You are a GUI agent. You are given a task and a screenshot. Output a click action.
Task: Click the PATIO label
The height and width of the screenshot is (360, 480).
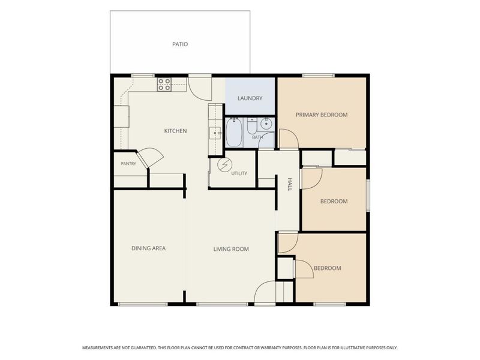point(180,44)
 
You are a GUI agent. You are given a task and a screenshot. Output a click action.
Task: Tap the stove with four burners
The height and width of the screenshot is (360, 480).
point(164,85)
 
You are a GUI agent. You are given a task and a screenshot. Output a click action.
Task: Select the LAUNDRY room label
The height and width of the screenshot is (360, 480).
point(250,98)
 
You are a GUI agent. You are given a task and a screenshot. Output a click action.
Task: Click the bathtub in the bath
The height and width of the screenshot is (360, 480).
point(234,133)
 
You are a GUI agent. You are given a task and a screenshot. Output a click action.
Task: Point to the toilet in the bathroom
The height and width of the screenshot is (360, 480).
point(252,127)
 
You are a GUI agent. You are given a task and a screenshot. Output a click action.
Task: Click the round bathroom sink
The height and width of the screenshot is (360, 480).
point(266,124)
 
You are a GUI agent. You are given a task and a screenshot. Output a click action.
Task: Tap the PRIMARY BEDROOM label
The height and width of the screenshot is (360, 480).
point(322,115)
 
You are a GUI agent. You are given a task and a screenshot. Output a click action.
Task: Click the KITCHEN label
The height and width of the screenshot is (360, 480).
point(175,131)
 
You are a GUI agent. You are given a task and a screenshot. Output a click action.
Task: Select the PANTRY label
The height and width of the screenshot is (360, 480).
point(128,164)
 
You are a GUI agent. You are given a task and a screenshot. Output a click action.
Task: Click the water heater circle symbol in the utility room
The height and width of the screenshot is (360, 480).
point(224,165)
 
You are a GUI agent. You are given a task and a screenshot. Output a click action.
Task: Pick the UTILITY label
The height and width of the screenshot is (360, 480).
point(239,173)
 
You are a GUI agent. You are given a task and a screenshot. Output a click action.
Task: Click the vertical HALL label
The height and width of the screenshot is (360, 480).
point(290,184)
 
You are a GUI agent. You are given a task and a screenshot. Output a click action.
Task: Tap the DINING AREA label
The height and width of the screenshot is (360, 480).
point(148,248)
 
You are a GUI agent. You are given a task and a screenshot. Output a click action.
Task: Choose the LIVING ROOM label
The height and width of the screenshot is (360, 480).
point(231,249)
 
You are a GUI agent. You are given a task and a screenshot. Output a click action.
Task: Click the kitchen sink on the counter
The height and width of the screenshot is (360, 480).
point(215,133)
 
